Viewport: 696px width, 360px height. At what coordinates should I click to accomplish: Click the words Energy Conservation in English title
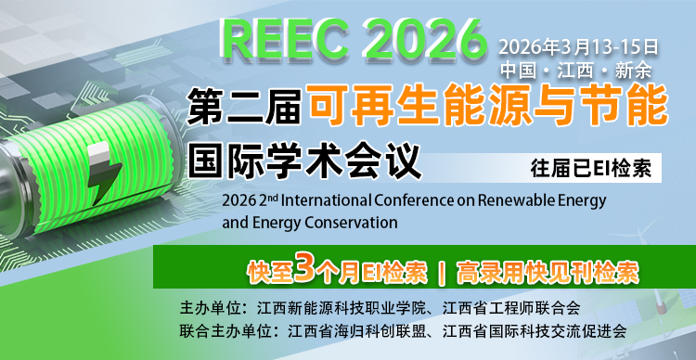[x=326, y=223]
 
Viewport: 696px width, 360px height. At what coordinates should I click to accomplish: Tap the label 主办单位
[x=211, y=307]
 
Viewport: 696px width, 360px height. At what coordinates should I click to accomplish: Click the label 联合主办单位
[x=227, y=330]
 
